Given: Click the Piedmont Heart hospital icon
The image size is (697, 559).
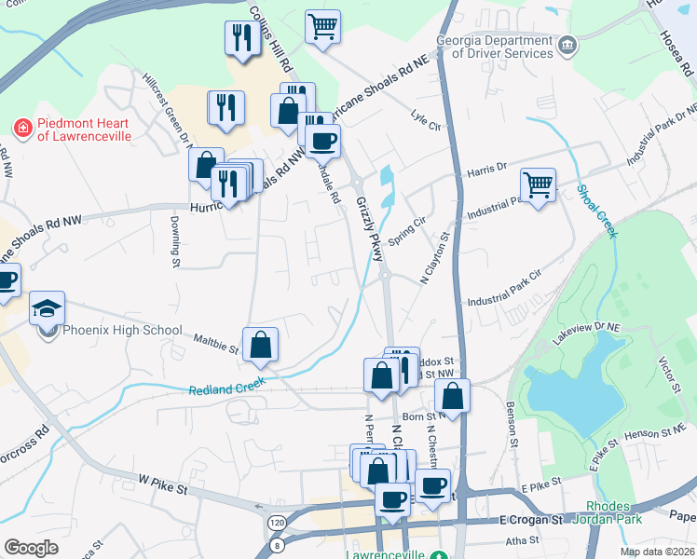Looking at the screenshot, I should point(21,126).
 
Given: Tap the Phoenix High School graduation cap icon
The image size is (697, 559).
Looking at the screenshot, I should point(47,307).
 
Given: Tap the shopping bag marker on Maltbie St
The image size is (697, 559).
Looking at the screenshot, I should point(261,344).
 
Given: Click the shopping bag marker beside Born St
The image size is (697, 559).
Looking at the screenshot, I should point(452,395).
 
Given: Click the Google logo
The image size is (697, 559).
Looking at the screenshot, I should point(31,548).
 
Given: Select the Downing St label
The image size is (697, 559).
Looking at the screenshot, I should point(174,242).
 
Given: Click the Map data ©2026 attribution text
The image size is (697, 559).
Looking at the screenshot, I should point(656,552).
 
